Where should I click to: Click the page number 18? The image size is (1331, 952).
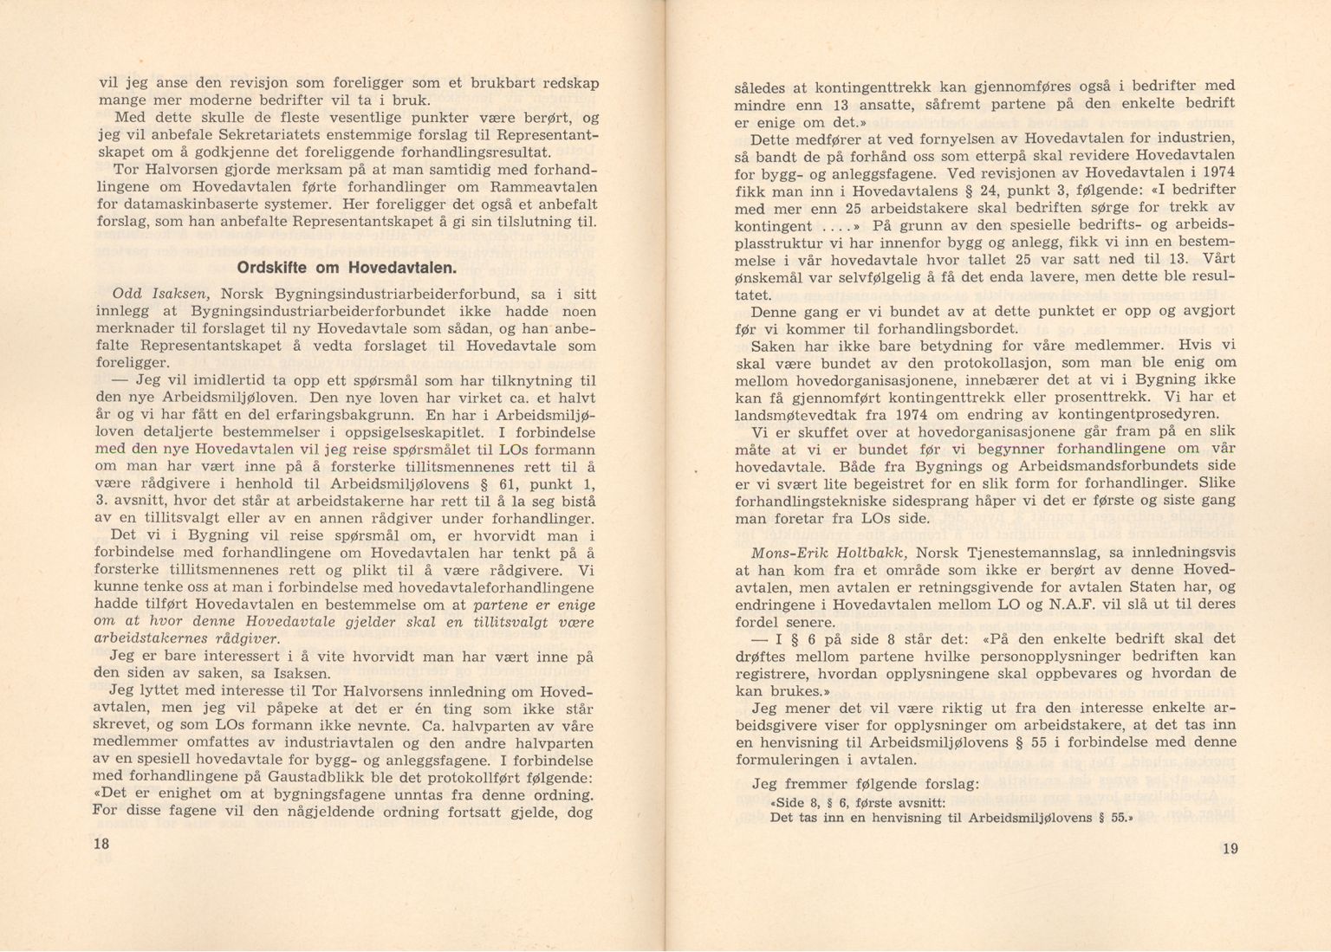tap(101, 843)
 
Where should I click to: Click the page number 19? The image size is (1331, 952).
tap(1230, 848)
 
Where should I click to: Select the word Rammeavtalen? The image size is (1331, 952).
tap(543, 187)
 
